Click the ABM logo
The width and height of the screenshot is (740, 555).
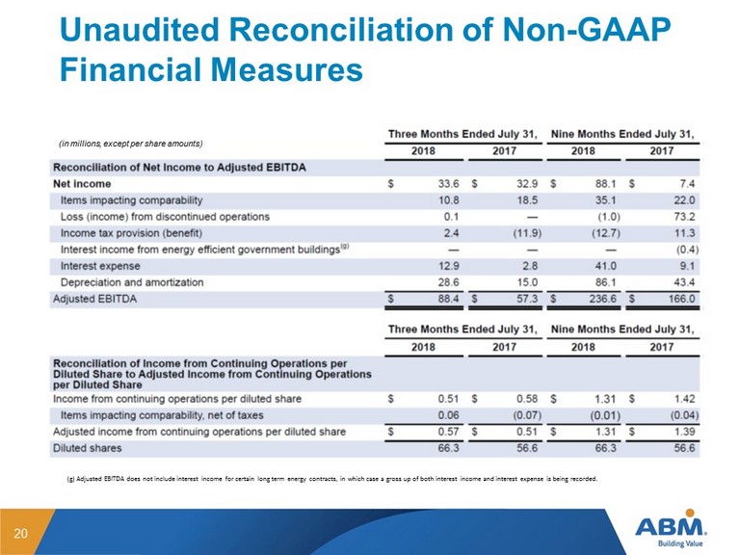coord(671,529)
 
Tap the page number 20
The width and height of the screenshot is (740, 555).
coord(21,533)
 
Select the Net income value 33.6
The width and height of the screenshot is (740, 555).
coord(448,184)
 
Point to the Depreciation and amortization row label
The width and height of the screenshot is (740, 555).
coord(132,282)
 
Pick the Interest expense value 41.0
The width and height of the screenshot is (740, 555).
coord(605,266)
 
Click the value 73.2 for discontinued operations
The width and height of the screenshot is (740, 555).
coord(684,217)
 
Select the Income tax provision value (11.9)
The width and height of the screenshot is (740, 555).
coord(527,233)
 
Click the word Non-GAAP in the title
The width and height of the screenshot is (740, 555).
coord(587,29)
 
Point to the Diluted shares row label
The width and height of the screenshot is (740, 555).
coord(88,448)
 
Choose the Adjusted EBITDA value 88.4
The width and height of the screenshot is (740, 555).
coord(448,299)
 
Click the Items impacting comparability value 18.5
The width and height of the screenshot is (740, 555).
coord(527,200)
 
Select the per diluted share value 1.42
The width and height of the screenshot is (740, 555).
coord(684,399)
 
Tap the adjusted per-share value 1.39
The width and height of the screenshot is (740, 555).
coord(684,432)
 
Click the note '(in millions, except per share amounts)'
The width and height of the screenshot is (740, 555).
coord(130,144)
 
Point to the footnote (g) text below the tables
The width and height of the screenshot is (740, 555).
coord(331,479)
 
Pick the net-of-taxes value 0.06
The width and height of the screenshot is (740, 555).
coord(448,415)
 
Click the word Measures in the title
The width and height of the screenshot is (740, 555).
coord(286,69)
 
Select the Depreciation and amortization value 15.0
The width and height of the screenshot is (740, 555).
coord(527,282)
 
